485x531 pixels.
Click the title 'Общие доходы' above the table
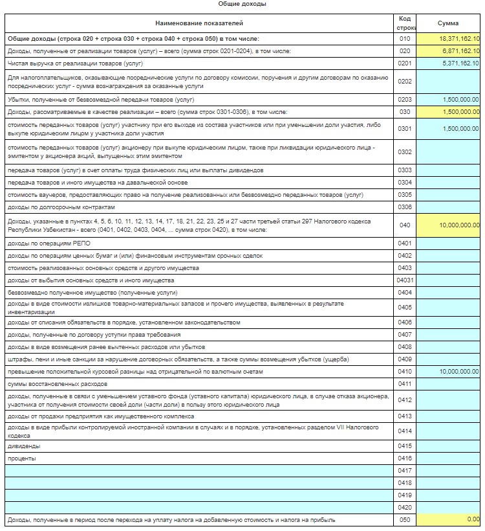click(x=242, y=4)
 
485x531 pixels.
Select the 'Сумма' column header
click(x=448, y=23)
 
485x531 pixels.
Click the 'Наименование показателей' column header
click(x=199, y=23)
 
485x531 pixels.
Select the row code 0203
click(x=405, y=100)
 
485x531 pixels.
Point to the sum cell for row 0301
click(x=449, y=129)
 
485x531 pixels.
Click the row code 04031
click(x=405, y=280)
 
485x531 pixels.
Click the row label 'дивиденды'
click(x=23, y=446)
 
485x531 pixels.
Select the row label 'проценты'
click(x=22, y=458)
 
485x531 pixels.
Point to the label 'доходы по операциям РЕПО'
click(x=47, y=243)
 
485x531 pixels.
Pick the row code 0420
click(x=405, y=507)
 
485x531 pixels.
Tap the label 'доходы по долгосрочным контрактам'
click(x=61, y=207)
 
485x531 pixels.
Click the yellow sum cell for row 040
click(x=449, y=225)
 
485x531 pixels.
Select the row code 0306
click(x=405, y=207)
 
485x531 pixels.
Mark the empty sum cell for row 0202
click(x=449, y=82)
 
